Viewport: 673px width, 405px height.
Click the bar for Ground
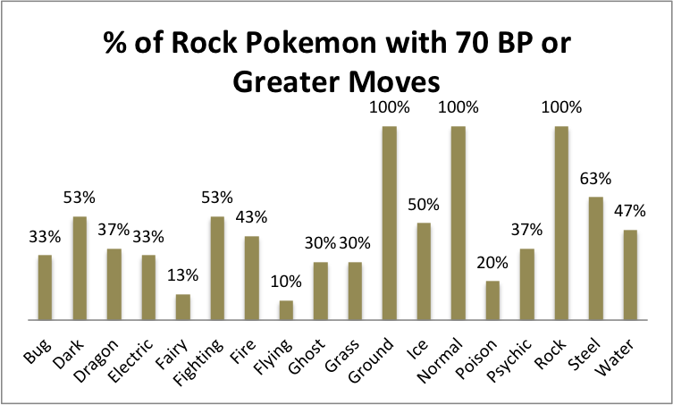point(390,224)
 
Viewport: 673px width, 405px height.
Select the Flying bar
point(286,309)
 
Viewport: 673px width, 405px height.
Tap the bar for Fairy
point(183,307)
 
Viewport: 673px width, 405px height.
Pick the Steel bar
point(597,258)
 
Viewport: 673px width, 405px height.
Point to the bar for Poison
point(493,300)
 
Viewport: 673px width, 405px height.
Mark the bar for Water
point(631,274)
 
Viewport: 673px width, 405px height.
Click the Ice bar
point(425,271)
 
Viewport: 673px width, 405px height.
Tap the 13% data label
point(183,275)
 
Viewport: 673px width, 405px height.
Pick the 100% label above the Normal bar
point(459,108)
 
